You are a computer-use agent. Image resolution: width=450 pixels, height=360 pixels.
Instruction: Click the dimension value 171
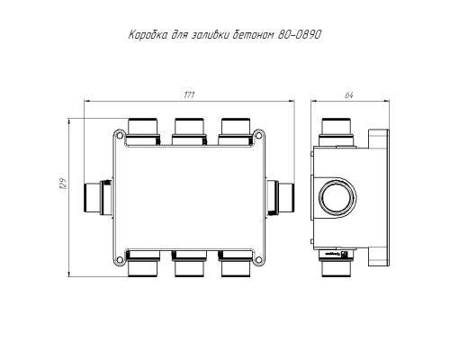click(189, 94)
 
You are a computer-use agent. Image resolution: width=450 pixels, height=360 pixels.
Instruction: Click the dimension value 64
click(349, 95)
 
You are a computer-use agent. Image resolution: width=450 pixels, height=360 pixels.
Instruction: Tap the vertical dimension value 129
click(63, 183)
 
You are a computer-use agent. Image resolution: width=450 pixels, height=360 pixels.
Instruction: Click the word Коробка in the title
click(148, 35)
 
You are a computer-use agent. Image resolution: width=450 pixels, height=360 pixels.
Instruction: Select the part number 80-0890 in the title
click(300, 35)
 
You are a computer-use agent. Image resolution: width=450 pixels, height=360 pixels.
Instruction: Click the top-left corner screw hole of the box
click(120, 135)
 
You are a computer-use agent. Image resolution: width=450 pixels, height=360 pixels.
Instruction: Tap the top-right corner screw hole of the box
click(258, 135)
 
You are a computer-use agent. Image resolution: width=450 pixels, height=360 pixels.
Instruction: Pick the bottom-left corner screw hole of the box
click(120, 260)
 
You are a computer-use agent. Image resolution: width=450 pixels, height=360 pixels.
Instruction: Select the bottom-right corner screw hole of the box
click(258, 260)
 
